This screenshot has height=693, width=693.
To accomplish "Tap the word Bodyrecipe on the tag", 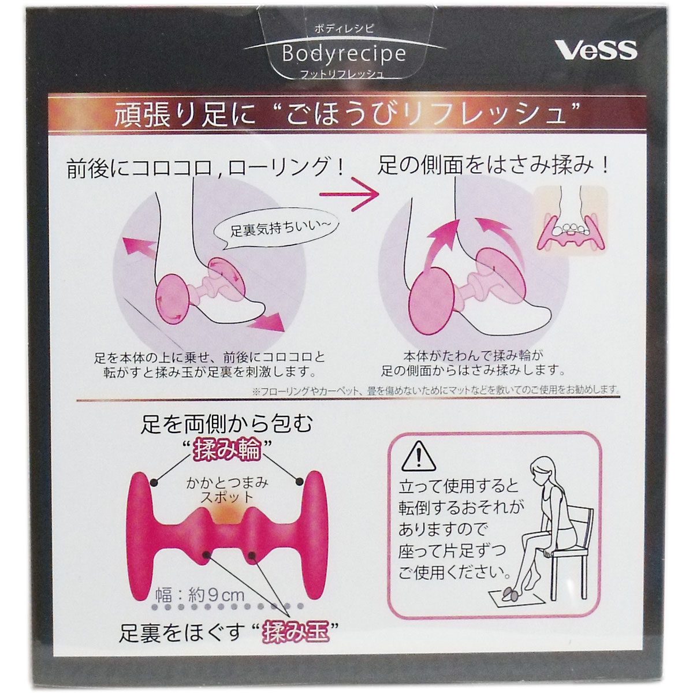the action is tap(344, 54).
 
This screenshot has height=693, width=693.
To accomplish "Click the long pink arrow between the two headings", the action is tap(349, 194).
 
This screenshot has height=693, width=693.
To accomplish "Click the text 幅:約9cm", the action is tap(200, 595).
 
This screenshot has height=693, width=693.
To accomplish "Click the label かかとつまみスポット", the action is tap(227, 490).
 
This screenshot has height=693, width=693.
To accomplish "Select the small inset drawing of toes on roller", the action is tap(571, 220).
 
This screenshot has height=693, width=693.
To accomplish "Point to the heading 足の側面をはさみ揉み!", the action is tap(493, 166).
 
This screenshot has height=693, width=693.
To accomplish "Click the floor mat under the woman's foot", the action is tap(517, 600).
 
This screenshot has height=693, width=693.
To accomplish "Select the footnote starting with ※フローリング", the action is tap(435, 390).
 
